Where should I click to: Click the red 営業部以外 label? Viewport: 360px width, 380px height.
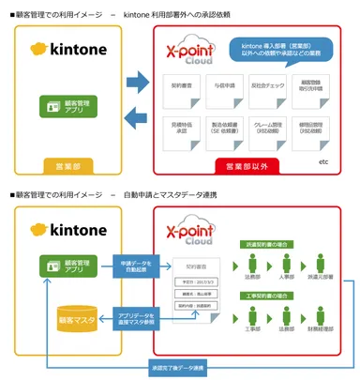click(x=247, y=166)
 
